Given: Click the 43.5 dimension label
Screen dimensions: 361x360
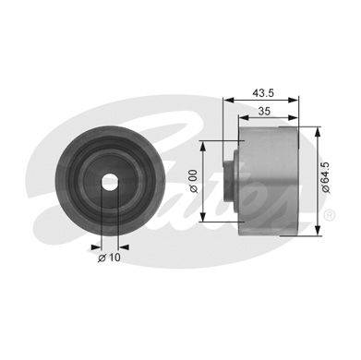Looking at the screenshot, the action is (263, 92).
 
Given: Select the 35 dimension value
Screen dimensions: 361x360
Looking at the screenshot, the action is (264, 111).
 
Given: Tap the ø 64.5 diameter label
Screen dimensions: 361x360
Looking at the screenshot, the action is (326, 178).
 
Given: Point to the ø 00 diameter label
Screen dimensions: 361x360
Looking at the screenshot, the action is (194, 181).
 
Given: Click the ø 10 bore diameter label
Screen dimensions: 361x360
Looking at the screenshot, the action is (109, 258).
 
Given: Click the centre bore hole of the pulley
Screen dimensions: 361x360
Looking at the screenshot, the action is (110, 182).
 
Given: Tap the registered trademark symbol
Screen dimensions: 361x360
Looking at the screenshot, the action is (329, 214).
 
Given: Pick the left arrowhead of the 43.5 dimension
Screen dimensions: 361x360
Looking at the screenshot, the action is (229, 100).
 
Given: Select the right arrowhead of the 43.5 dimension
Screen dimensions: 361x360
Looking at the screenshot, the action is (293, 100).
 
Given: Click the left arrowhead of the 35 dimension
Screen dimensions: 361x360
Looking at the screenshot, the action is (244, 117).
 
